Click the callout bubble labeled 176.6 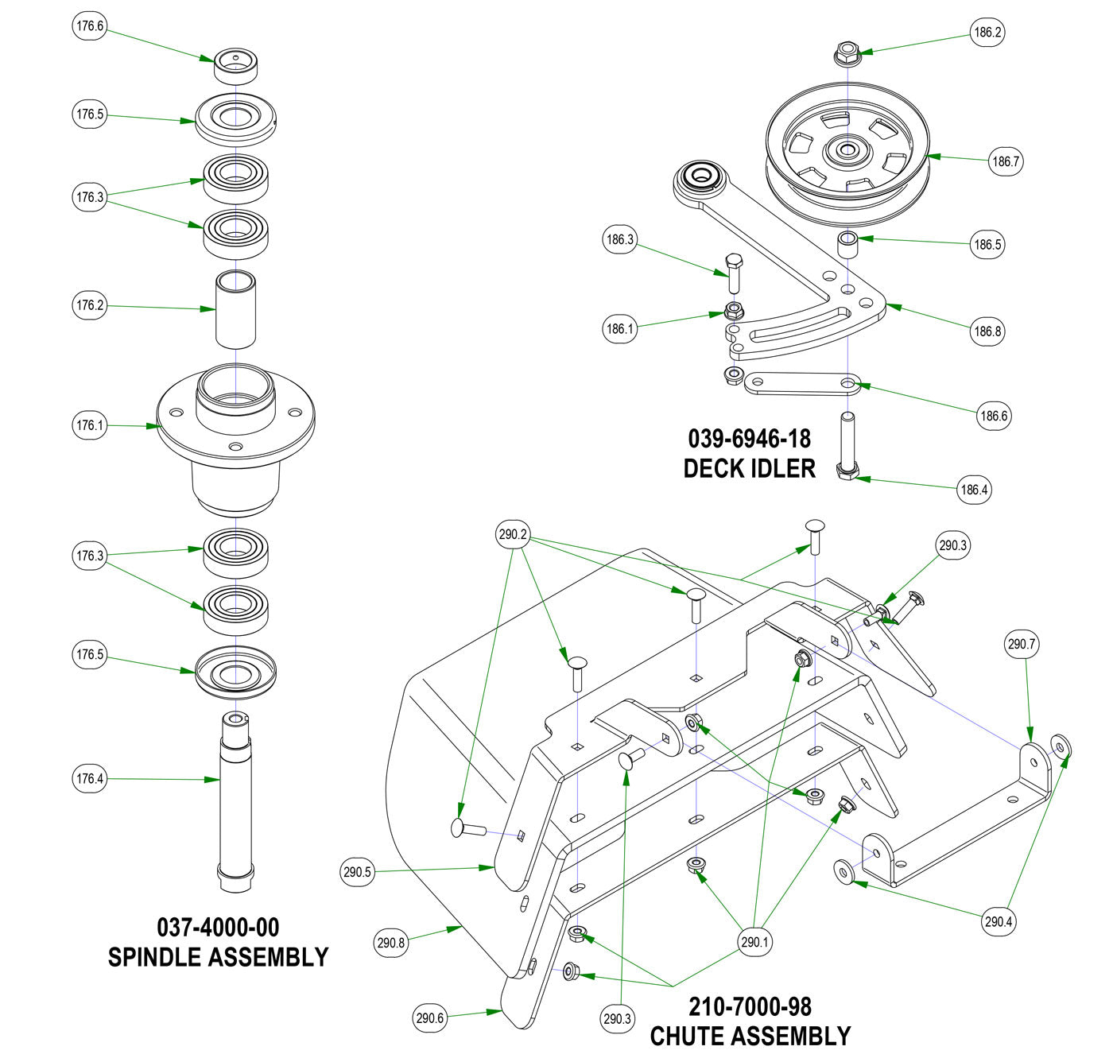89,26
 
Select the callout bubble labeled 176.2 89,305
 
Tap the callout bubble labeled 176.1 89,425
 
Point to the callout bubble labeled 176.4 89,779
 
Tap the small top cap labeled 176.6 238,67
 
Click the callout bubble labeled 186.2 987,33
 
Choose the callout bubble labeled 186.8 987,331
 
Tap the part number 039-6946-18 749,439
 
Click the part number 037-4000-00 218,927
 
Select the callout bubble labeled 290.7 1022,644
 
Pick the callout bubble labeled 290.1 755,943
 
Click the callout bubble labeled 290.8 391,944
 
